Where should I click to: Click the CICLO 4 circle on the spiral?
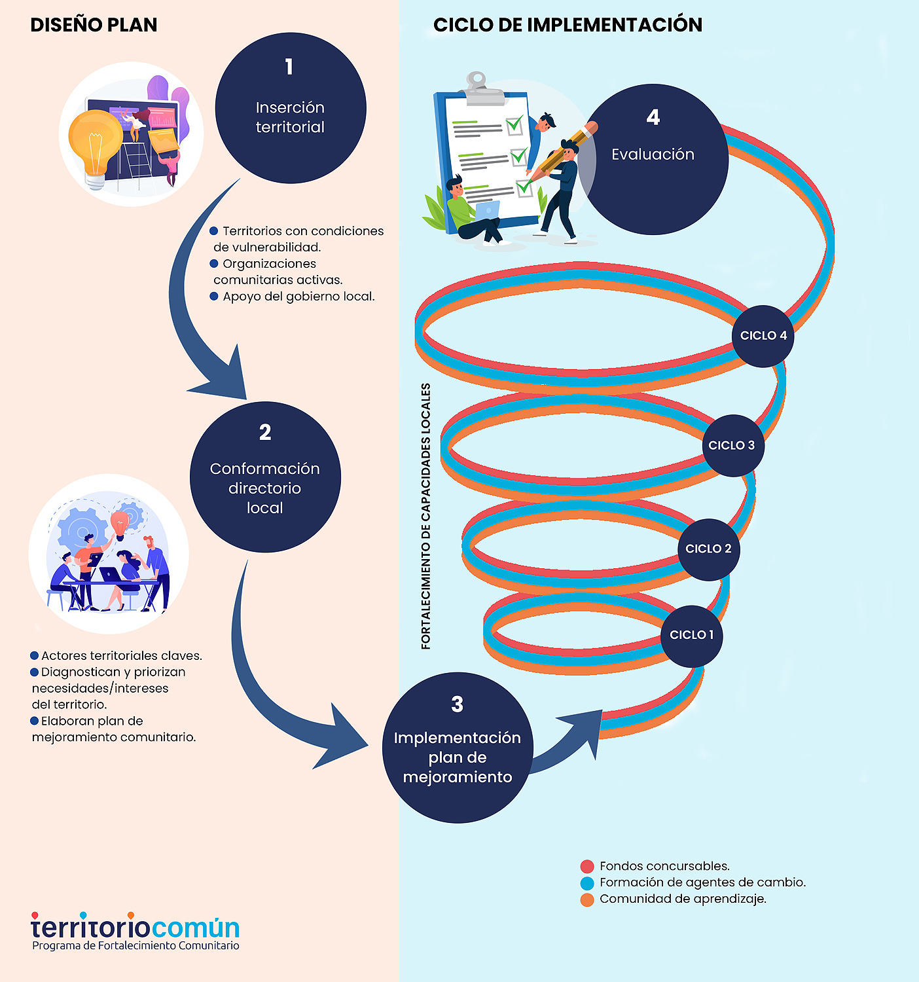(763, 336)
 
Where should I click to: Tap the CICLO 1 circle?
(691, 635)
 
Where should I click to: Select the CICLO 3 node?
(732, 446)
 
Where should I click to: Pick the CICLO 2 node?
(709, 549)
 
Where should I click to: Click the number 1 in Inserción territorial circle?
(289, 67)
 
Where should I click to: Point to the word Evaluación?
(653, 155)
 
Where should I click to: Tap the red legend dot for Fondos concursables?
(587, 867)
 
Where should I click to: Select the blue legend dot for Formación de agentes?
(587, 883)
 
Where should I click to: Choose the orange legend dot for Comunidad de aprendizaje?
(587, 900)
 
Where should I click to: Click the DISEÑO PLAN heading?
(94, 25)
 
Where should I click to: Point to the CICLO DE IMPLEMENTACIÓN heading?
(568, 25)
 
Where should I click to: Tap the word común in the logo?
(196, 928)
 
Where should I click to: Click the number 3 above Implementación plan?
(457, 704)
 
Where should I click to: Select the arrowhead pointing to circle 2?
(223, 380)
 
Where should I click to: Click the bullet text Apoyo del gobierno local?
(298, 297)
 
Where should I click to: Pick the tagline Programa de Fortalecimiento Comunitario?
(135, 946)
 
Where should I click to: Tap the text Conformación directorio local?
(265, 488)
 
